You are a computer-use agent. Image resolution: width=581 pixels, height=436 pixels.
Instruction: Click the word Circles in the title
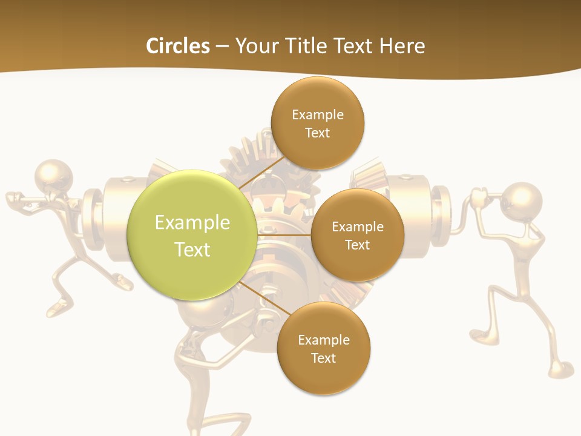pos(177,46)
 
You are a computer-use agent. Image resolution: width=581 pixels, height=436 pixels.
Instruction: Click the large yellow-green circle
pos(192,235)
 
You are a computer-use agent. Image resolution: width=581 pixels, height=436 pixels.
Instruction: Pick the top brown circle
pos(317,123)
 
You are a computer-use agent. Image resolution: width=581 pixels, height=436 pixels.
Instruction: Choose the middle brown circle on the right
pos(357,235)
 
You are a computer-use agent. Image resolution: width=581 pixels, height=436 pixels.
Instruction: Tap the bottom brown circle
pos(323,348)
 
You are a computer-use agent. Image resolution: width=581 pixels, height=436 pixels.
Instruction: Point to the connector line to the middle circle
pos(284,235)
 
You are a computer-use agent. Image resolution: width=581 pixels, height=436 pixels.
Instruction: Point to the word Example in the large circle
pos(192,222)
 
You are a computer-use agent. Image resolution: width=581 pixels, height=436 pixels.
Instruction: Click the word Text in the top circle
pos(317,133)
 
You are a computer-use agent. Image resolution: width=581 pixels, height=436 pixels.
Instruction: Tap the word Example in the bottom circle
pos(323,340)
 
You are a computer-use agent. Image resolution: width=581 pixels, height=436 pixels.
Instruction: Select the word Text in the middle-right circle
pos(357,245)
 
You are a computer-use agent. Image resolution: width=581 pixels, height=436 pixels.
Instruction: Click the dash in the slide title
pos(222,47)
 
